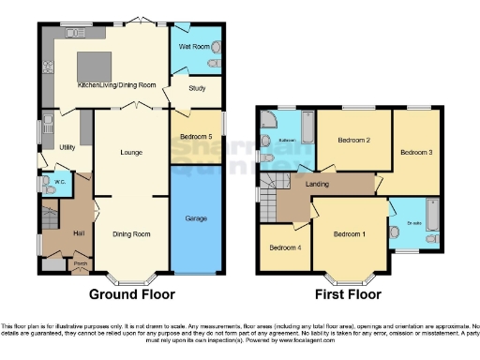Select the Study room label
[x=197, y=91]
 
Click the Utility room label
[x=67, y=147]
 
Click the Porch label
[x=80, y=263]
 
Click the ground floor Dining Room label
[x=131, y=233]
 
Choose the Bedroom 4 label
[x=285, y=247]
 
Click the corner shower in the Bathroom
[x=271, y=120]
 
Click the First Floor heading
[x=349, y=293]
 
